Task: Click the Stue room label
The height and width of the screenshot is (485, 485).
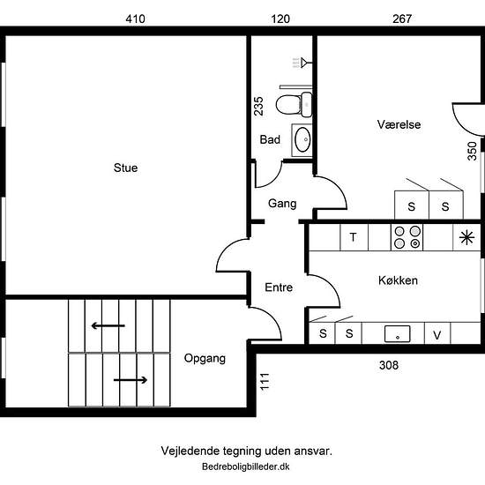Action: click(x=125, y=168)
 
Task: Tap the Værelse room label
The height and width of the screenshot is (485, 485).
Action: click(x=399, y=124)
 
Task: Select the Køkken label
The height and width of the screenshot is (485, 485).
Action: click(x=398, y=280)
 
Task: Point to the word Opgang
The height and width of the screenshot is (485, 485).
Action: click(x=205, y=359)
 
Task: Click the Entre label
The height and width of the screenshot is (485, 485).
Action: click(x=279, y=287)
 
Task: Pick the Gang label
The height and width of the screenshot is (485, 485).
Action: click(x=282, y=204)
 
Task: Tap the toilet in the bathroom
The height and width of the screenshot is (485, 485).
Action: click(x=294, y=104)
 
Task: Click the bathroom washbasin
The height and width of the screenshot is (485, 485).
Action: click(x=302, y=140)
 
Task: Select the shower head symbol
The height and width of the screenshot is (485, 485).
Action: click(x=302, y=63)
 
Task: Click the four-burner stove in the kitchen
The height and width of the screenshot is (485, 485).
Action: click(x=407, y=237)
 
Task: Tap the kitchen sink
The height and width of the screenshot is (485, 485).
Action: click(x=397, y=333)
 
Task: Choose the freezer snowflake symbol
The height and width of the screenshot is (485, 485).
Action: click(x=466, y=237)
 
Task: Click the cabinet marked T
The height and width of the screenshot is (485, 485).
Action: click(x=354, y=237)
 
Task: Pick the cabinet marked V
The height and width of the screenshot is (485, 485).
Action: click(x=437, y=333)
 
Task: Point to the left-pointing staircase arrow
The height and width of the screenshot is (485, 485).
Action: click(x=108, y=325)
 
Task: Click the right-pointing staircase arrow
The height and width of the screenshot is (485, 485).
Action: click(x=131, y=380)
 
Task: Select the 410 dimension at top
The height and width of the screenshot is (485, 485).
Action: click(x=135, y=19)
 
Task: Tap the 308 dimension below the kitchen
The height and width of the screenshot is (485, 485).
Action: click(x=389, y=365)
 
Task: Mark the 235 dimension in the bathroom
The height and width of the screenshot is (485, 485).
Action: click(x=258, y=106)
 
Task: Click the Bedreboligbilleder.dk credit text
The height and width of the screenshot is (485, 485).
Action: click(x=246, y=466)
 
